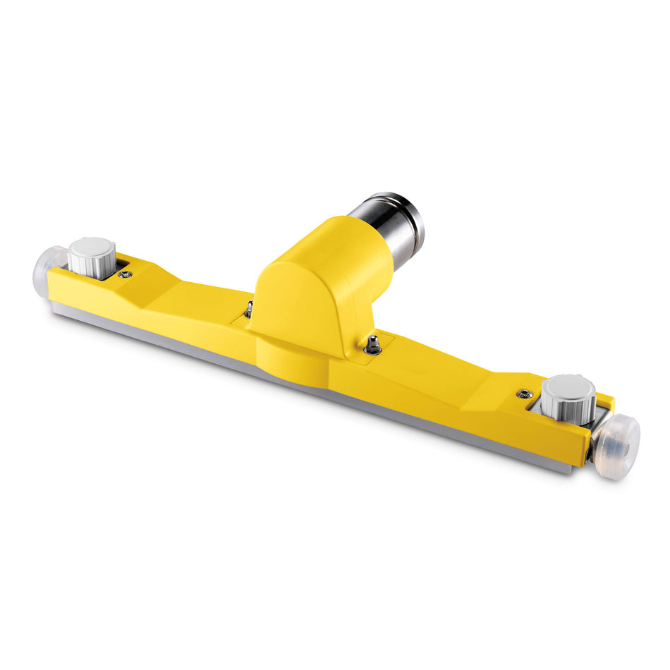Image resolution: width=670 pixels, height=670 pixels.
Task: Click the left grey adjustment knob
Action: point(92,258)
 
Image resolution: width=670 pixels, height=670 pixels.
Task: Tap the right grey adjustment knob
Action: point(568,400)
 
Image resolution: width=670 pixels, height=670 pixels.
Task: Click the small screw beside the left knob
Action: point(126,274)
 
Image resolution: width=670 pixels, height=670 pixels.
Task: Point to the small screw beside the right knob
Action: point(524,394)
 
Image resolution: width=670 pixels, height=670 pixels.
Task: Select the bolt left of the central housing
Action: point(249,308)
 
